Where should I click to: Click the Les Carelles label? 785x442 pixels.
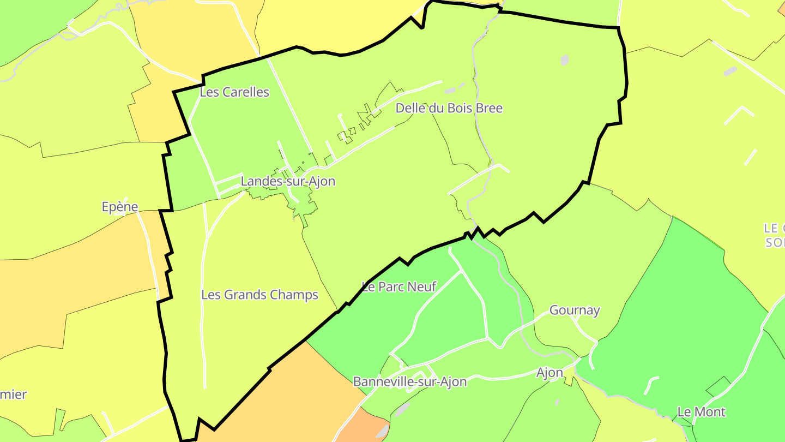click(234, 92)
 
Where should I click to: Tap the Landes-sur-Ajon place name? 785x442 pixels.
click(288, 181)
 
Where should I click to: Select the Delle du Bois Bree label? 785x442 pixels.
click(449, 108)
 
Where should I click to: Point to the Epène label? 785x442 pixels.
click(120, 207)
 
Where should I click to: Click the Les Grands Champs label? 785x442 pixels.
click(259, 295)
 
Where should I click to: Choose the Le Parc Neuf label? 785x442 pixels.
click(399, 286)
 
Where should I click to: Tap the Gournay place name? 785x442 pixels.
click(575, 310)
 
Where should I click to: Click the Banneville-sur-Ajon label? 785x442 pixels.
click(410, 381)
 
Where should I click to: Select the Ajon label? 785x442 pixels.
click(549, 373)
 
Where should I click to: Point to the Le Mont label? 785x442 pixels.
click(701, 412)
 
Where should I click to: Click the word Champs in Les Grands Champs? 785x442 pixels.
click(297, 295)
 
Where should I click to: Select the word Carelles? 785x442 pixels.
click(244, 92)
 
